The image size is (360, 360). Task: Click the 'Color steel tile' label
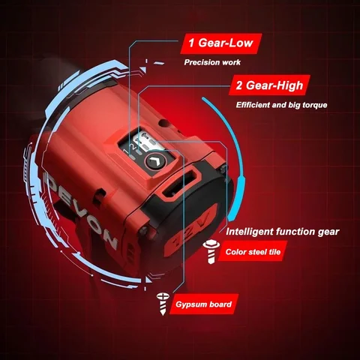[x=253, y=252]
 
